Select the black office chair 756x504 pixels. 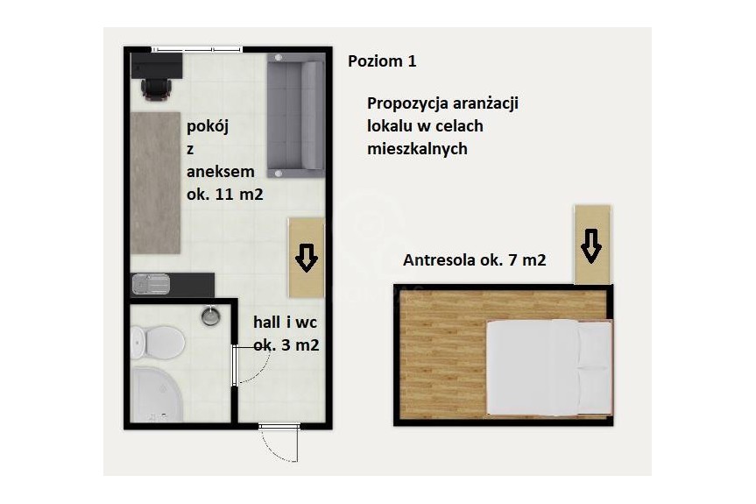[154, 86]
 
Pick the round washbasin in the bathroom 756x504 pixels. [210, 316]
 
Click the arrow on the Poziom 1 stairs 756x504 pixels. [306, 257]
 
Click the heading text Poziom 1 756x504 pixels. [382, 61]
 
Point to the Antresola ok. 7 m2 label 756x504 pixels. [474, 260]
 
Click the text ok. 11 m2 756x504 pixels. [224, 194]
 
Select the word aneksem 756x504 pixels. [220, 172]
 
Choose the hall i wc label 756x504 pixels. [285, 323]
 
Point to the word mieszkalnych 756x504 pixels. [418, 149]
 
